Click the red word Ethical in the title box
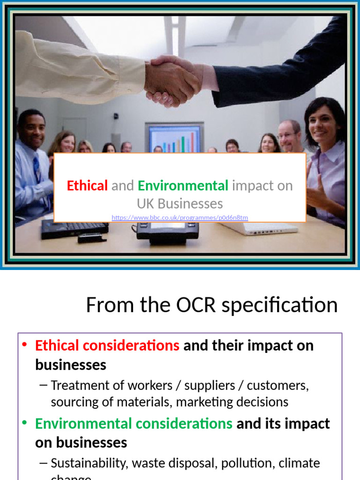click(x=87, y=186)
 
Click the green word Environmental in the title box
click(x=183, y=186)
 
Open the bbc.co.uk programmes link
click(x=180, y=217)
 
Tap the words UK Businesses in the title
click(x=180, y=203)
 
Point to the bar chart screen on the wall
click(x=174, y=138)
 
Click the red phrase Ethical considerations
click(x=107, y=346)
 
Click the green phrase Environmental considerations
click(x=134, y=424)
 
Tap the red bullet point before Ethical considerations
click(x=25, y=345)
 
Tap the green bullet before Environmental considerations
click(x=25, y=423)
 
